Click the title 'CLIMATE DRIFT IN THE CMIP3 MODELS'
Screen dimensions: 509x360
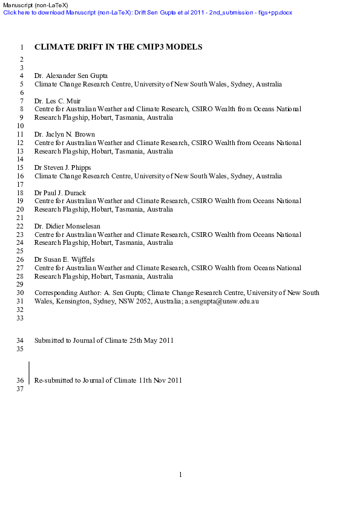coord(118,47)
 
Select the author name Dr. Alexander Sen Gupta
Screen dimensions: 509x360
coord(71,76)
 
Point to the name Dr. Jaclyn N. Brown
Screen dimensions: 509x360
coord(65,134)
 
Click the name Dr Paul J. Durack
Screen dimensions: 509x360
coord(60,192)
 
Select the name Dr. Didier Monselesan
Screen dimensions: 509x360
coord(67,225)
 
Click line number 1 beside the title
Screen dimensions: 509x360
coord(22,47)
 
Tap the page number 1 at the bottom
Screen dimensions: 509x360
coord(180,475)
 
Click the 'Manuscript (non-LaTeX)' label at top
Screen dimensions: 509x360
coord(34,5)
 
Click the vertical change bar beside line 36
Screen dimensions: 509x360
coord(29,373)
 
